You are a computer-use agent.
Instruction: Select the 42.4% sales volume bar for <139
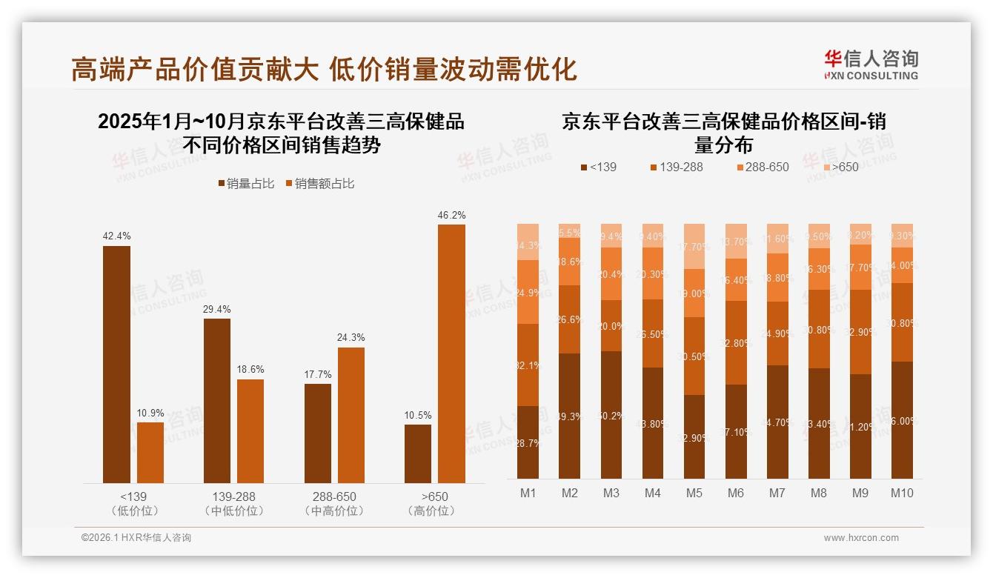pyautogui.click(x=116, y=364)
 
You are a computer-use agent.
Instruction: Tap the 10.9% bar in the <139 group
pyautogui.click(x=150, y=452)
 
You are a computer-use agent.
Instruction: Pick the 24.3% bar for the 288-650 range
pyautogui.click(x=351, y=415)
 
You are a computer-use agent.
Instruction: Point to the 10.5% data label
pyautogui.click(x=418, y=415)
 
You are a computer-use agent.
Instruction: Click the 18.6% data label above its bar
pyautogui.click(x=250, y=369)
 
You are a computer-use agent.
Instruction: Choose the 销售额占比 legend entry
pyautogui.click(x=319, y=183)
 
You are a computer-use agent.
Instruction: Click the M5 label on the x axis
pyautogui.click(x=694, y=493)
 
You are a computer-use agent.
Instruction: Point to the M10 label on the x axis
pyautogui.click(x=902, y=493)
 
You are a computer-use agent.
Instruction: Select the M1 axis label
pyautogui.click(x=528, y=493)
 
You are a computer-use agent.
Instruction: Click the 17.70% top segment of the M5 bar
pyautogui.click(x=694, y=246)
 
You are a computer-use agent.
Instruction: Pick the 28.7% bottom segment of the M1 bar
pyautogui.click(x=528, y=442)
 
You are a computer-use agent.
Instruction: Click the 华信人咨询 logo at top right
pyautogui.click(x=871, y=64)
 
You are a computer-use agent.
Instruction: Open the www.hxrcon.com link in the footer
pyautogui.click(x=861, y=538)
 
